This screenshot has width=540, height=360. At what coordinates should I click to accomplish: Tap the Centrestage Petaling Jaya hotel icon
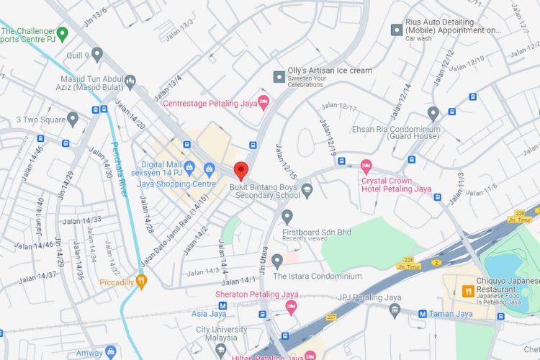(x=263, y=103)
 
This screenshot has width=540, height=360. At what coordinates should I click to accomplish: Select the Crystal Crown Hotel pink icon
(x=366, y=166)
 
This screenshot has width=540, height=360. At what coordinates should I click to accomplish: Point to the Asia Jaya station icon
(x=222, y=305)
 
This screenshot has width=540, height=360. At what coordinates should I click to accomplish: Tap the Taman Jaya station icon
(x=423, y=313)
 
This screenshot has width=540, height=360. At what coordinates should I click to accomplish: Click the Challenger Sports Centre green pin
(x=62, y=32)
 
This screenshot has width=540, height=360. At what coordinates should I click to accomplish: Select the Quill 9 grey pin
(x=97, y=54)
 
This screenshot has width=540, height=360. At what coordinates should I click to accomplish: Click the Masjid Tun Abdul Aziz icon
(x=130, y=81)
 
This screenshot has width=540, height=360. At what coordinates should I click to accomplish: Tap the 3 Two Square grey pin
(x=72, y=119)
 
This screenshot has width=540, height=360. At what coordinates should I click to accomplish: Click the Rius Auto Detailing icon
(x=395, y=30)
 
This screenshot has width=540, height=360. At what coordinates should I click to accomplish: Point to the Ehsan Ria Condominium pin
(x=433, y=113)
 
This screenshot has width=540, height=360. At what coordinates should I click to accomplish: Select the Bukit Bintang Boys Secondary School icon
(x=307, y=190)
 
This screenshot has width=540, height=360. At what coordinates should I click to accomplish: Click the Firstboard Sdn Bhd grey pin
(x=287, y=216)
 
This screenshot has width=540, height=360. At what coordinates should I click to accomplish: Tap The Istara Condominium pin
(x=277, y=261)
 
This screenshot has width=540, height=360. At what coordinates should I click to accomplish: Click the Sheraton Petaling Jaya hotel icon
(x=291, y=307)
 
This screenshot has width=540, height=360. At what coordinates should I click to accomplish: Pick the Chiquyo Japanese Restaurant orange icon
(x=467, y=291)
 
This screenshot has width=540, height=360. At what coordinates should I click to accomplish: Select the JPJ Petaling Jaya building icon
(x=395, y=310)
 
